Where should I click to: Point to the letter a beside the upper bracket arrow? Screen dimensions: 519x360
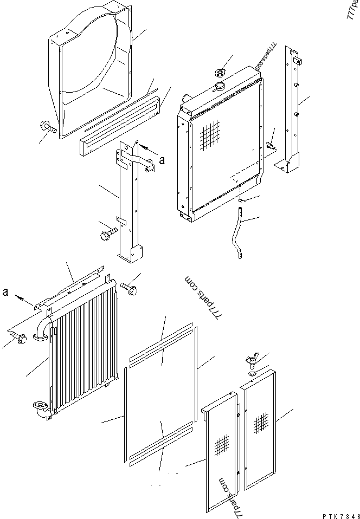(x=161, y=159)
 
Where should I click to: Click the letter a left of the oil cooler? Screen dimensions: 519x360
(x=5, y=292)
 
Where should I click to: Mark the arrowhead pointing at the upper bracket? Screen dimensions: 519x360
(x=142, y=146)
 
